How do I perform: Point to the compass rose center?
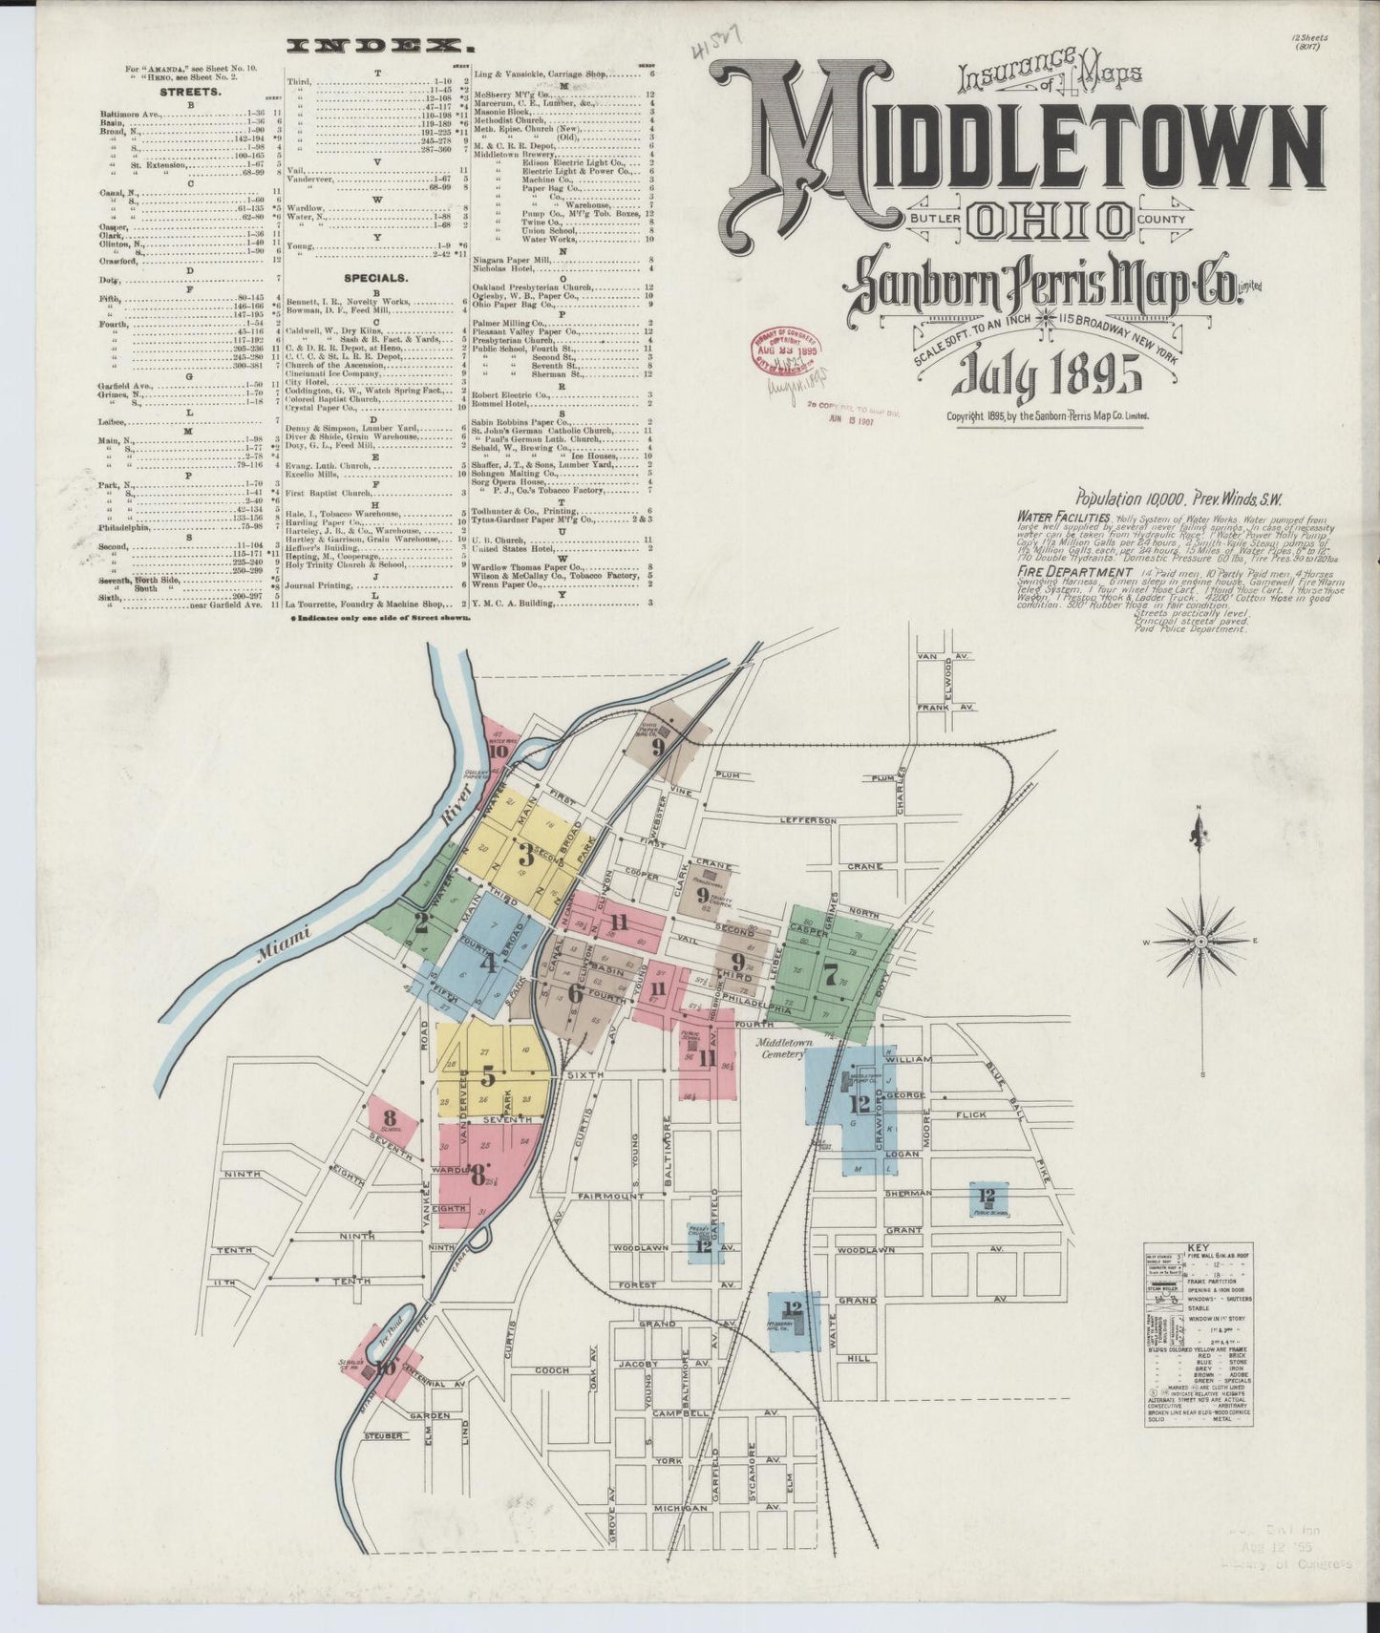(x=1201, y=940)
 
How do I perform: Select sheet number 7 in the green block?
(x=831, y=975)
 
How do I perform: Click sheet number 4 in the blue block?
(x=489, y=963)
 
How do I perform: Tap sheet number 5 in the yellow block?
(x=489, y=1077)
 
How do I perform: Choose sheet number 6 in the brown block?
(x=574, y=993)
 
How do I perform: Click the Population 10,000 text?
(x=1133, y=497)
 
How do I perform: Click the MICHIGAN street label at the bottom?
(x=681, y=1508)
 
